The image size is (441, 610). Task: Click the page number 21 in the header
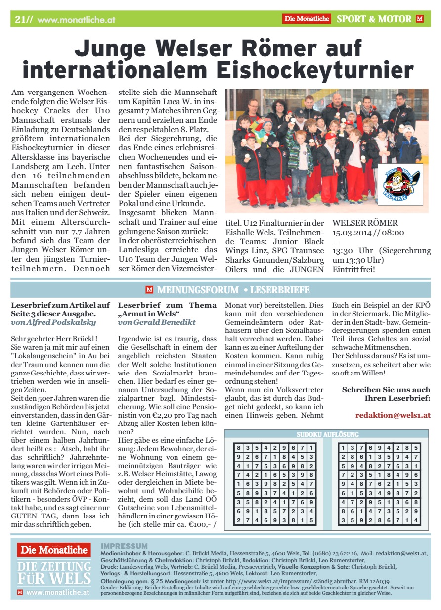(20, 19)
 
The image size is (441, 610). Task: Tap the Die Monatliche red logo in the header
(307, 19)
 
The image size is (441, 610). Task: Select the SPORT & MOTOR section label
(374, 19)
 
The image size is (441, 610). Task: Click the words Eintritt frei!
(354, 270)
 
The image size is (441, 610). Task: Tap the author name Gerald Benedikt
(157, 322)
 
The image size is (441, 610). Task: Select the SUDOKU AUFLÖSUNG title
(328, 434)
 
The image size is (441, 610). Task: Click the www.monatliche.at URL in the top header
(76, 20)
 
